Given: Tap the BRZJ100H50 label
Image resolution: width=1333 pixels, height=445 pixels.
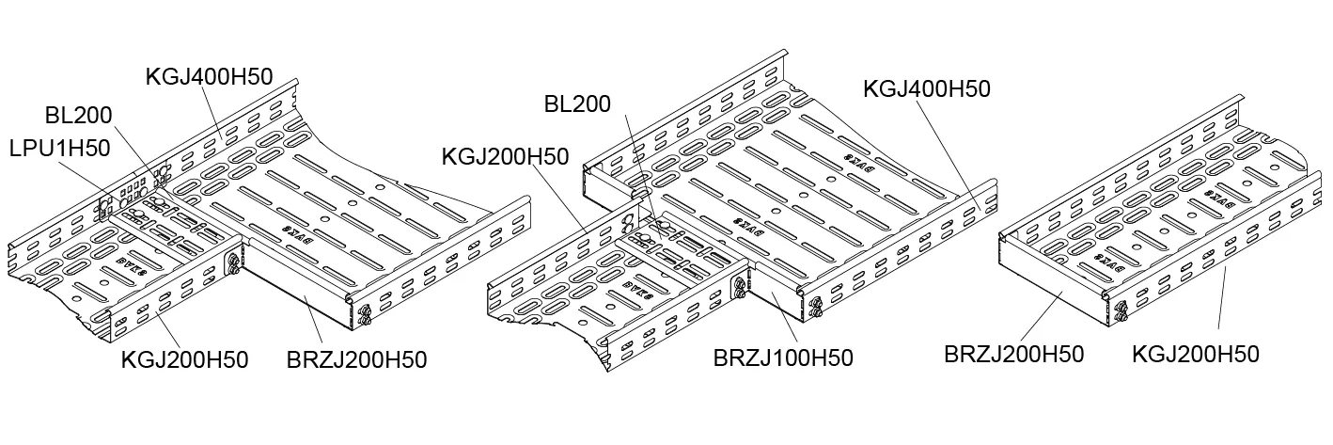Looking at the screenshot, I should pyautogui.click(x=783, y=358).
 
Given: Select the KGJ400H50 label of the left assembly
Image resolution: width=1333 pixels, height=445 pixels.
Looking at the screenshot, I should pyautogui.click(x=209, y=77).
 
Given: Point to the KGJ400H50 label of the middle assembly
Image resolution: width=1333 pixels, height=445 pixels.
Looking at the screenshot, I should pyautogui.click(x=927, y=88).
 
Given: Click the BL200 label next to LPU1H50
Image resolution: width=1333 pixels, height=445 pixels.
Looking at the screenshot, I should pyautogui.click(x=79, y=116).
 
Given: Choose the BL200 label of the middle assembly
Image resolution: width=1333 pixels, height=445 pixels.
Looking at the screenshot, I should pyautogui.click(x=577, y=104).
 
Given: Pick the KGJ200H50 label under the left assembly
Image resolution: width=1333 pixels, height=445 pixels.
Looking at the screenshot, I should pyautogui.click(x=185, y=360).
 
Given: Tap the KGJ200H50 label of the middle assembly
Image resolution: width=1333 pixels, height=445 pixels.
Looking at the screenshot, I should pyautogui.click(x=505, y=155).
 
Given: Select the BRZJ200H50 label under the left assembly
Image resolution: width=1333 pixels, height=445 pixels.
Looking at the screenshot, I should pyautogui.click(x=356, y=359).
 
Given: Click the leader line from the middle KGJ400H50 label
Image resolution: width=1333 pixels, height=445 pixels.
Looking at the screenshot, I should pyautogui.click(x=949, y=151).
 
